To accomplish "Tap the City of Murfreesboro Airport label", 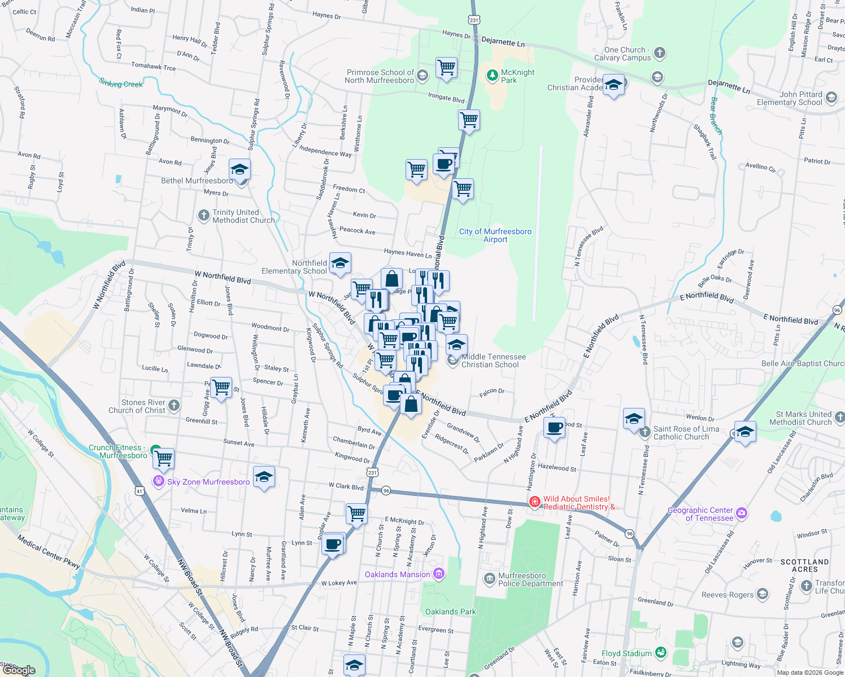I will pyautogui.click(x=495, y=235).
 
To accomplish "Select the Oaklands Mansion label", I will pyautogui.click(x=398, y=574).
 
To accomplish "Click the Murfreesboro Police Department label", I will pyautogui.click(x=530, y=579).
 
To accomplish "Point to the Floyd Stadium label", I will pyautogui.click(x=626, y=653).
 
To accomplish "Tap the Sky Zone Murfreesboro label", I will pyautogui.click(x=208, y=482).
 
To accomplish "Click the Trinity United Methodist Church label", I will pyautogui.click(x=243, y=216).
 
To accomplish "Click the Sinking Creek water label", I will pyautogui.click(x=121, y=83).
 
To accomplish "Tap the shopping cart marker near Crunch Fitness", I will pyautogui.click(x=164, y=458).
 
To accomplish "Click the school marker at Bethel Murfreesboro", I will pyautogui.click(x=239, y=169).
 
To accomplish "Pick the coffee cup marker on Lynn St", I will pyautogui.click(x=333, y=544).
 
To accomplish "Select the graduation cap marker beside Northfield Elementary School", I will pyautogui.click(x=340, y=263).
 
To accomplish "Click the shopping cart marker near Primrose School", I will pyautogui.click(x=446, y=67).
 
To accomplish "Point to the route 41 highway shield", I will pyautogui.click(x=140, y=491).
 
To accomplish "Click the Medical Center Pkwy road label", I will pyautogui.click(x=48, y=551).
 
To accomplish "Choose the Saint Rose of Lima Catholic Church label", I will pyautogui.click(x=686, y=433).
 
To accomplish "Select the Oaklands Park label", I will pyautogui.click(x=450, y=612).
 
